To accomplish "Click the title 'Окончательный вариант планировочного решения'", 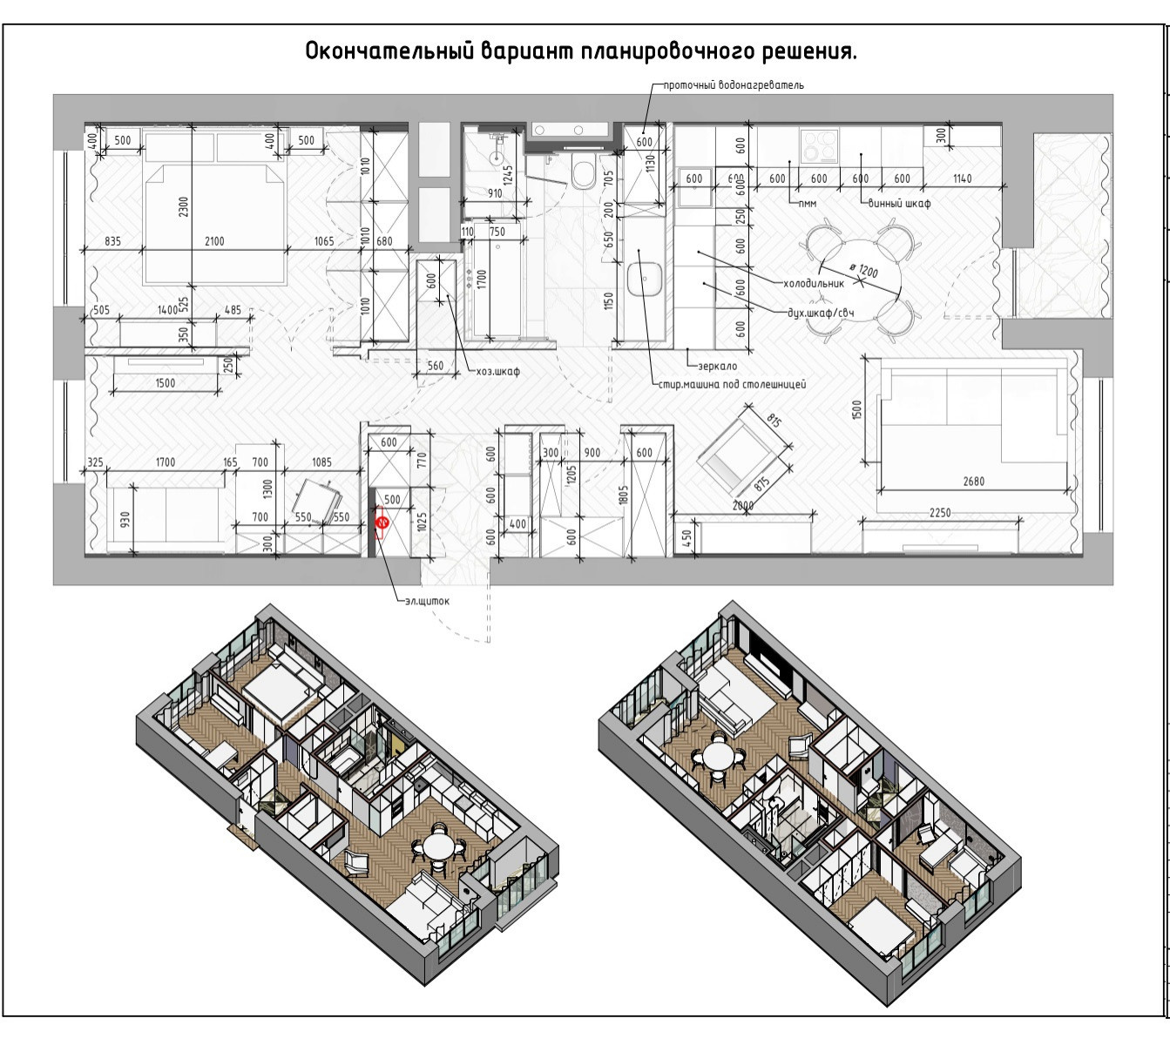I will click(581, 51).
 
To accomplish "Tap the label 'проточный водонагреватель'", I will click(734, 85).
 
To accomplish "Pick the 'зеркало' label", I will click(717, 367).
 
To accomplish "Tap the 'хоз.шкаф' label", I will click(497, 371).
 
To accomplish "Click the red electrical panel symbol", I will click(382, 522).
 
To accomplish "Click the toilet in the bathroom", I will click(583, 175).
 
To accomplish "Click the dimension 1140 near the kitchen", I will click(962, 179).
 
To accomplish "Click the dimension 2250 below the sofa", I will click(940, 513).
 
